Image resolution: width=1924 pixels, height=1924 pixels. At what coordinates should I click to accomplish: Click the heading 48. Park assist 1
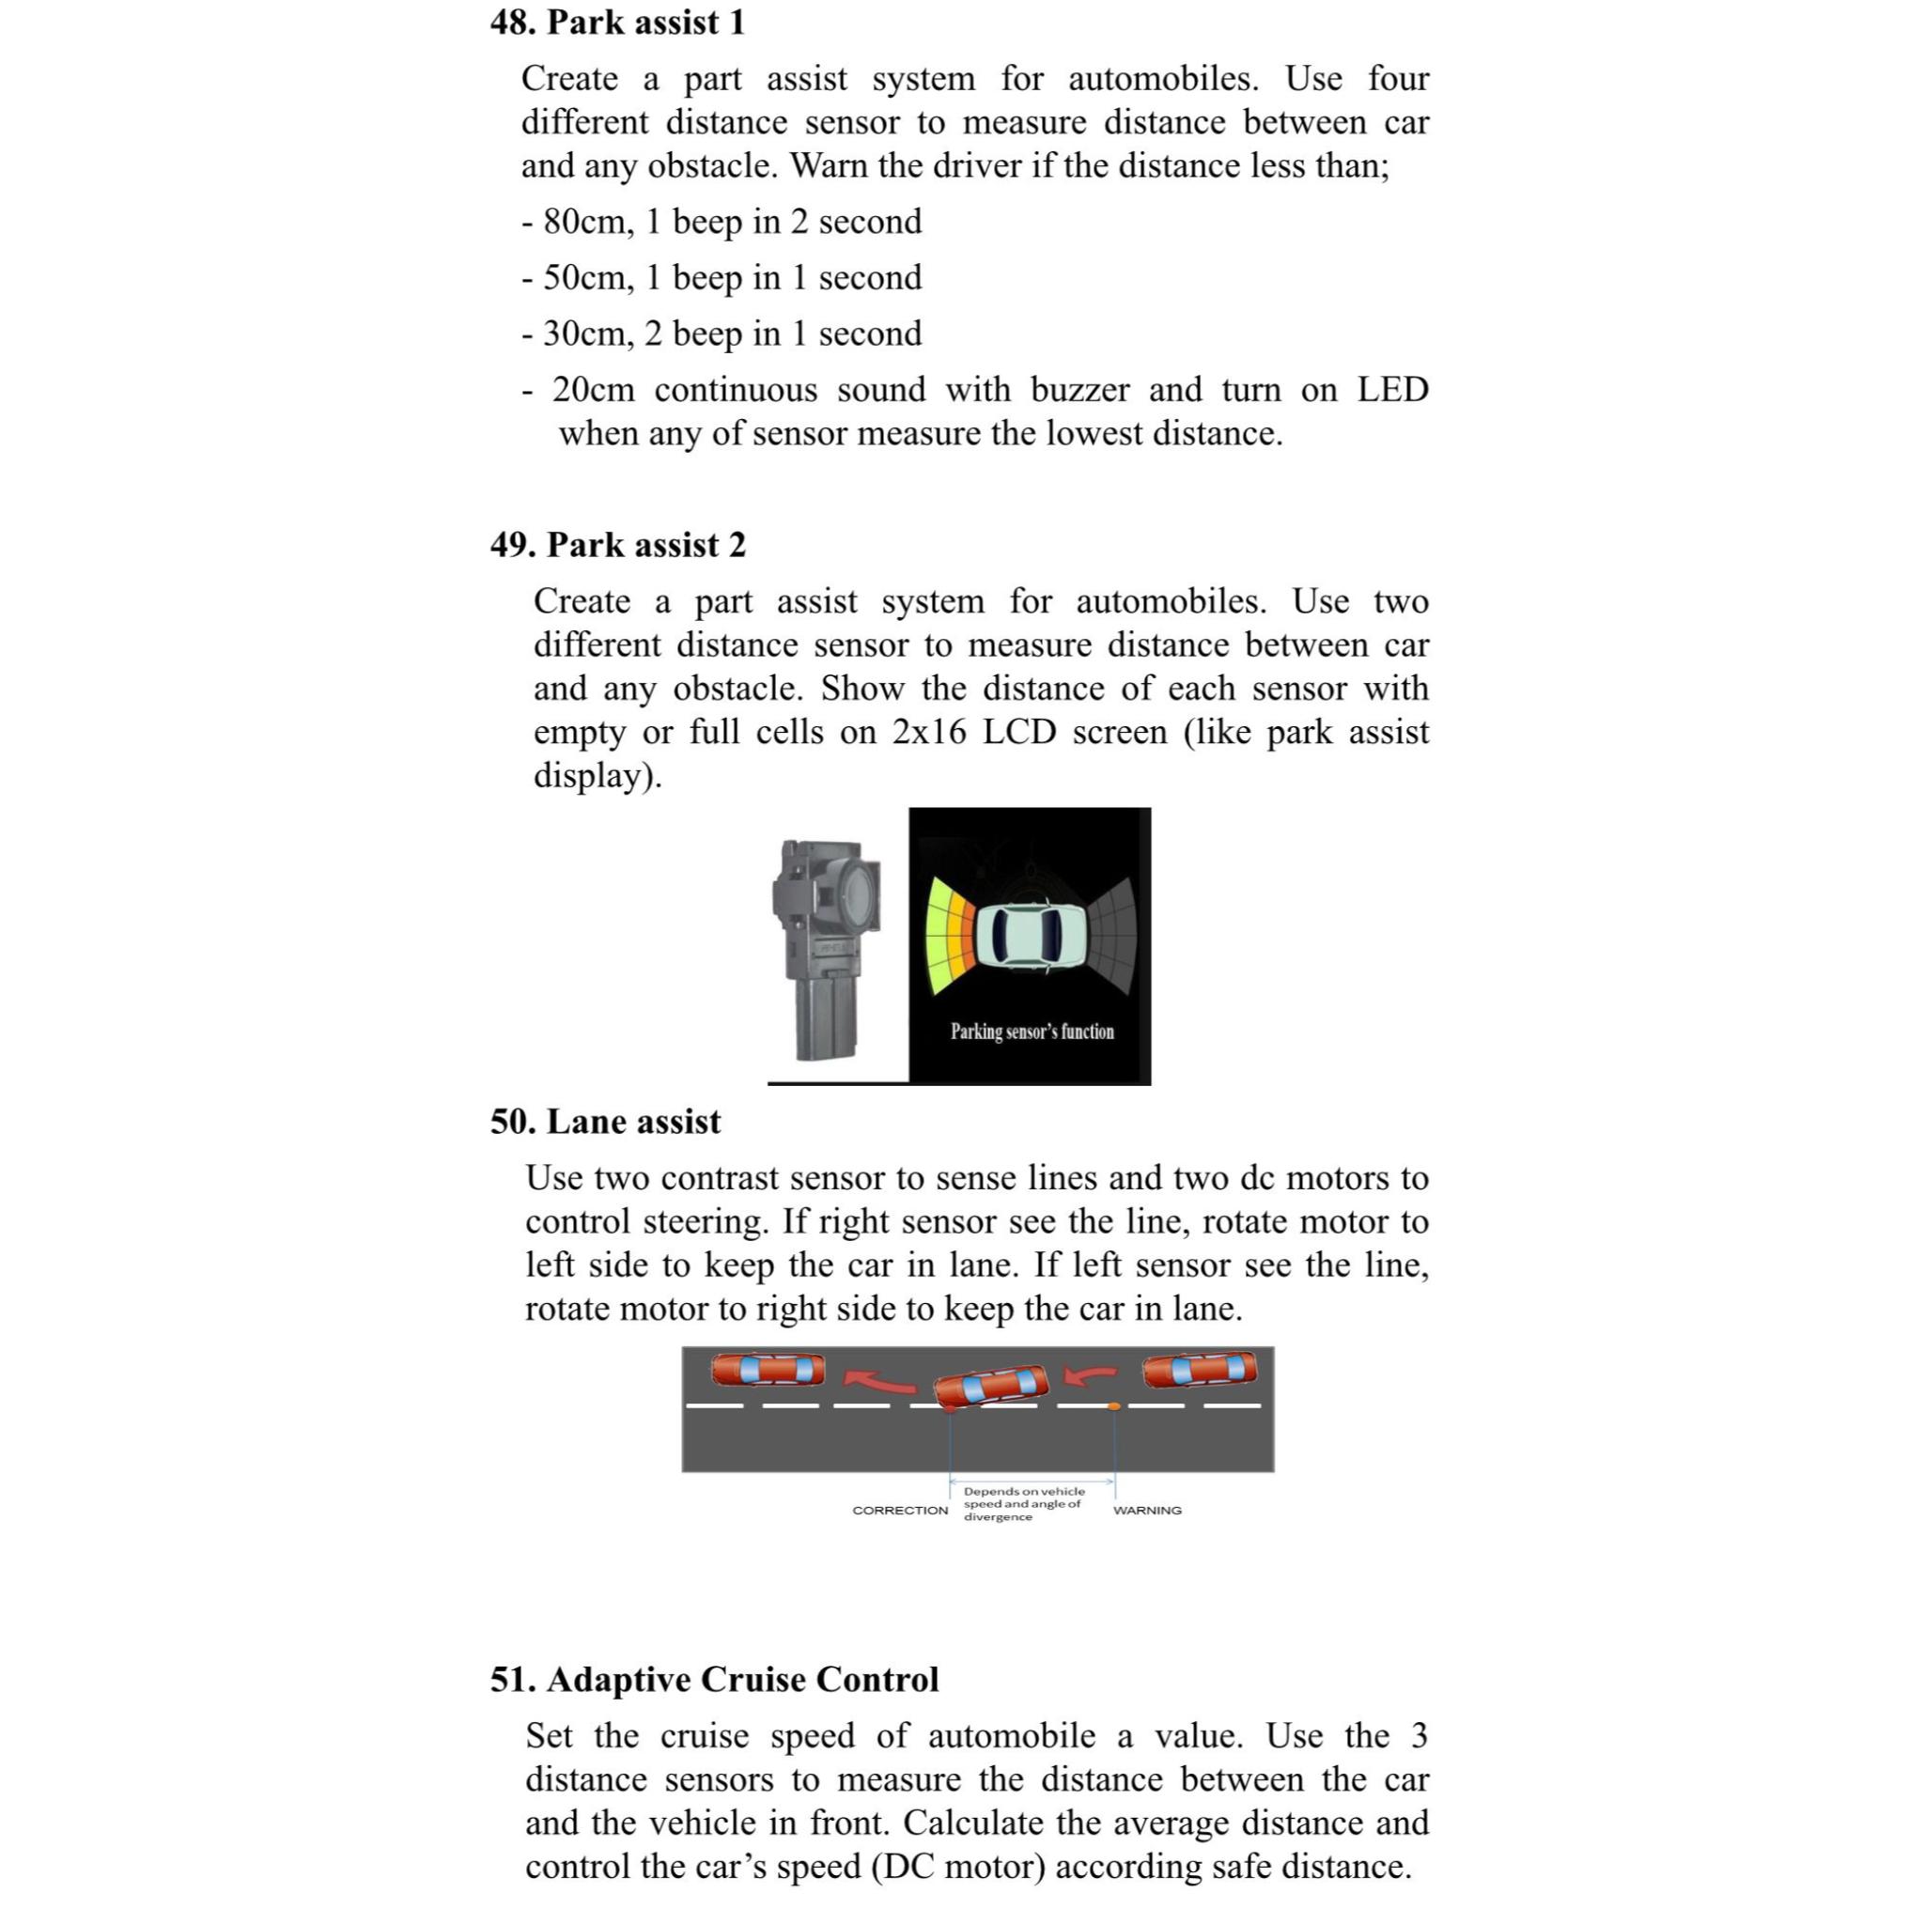(617, 23)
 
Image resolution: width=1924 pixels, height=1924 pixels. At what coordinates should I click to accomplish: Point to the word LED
(1392, 389)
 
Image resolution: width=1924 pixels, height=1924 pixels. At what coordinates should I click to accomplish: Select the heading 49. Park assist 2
(617, 545)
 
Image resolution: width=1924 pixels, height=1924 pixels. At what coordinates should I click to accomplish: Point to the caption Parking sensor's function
(1032, 1032)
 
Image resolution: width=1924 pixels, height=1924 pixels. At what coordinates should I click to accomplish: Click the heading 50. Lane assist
(606, 1122)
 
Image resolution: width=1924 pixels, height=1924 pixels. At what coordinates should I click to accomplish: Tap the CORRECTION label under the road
(900, 1511)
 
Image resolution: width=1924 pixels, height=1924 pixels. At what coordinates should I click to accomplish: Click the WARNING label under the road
(1147, 1511)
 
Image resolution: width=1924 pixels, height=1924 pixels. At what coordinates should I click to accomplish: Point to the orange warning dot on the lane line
(1114, 1406)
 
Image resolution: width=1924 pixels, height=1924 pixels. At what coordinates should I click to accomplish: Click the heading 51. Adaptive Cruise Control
(714, 1679)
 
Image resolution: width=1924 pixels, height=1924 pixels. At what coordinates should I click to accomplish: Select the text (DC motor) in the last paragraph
(958, 1867)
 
